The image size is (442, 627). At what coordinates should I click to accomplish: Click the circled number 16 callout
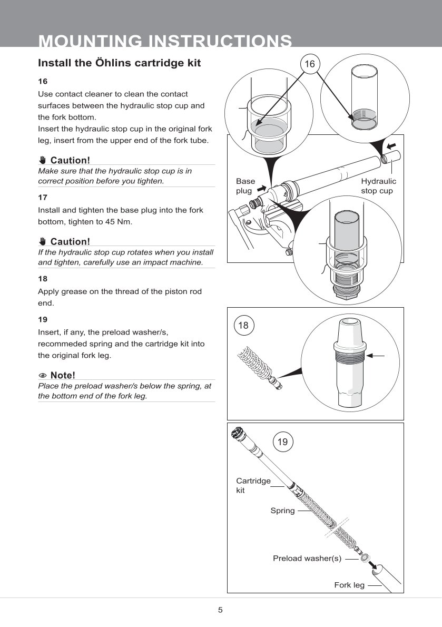point(310,64)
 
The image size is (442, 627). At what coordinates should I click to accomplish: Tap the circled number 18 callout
point(243,326)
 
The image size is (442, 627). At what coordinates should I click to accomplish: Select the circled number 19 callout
point(282,442)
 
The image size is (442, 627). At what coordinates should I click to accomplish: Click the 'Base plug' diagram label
point(245,186)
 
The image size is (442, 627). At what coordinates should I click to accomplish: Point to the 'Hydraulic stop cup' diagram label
point(378,186)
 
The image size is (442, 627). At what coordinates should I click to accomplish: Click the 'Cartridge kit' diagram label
point(253,485)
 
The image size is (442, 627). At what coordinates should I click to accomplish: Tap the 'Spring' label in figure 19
point(282,511)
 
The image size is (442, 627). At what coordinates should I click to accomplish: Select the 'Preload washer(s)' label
point(307,558)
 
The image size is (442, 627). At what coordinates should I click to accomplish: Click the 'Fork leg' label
point(349,585)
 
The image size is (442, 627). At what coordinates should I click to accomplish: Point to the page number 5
point(220,610)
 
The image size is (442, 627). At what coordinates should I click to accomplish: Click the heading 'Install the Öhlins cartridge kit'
point(120,63)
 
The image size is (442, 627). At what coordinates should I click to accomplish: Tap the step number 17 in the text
point(43,197)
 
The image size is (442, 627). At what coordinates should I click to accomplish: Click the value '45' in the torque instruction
point(110,221)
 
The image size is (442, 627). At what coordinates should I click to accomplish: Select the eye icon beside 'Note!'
point(43,376)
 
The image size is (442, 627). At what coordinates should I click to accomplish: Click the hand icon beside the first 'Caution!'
point(42,160)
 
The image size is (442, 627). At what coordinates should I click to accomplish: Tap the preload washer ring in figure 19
point(365,557)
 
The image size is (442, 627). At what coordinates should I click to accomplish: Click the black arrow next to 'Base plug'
point(262,188)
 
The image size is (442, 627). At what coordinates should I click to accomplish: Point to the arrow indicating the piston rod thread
point(376,356)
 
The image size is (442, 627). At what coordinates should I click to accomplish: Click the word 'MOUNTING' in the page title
point(90,41)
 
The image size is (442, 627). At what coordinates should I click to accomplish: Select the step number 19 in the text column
point(43,319)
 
